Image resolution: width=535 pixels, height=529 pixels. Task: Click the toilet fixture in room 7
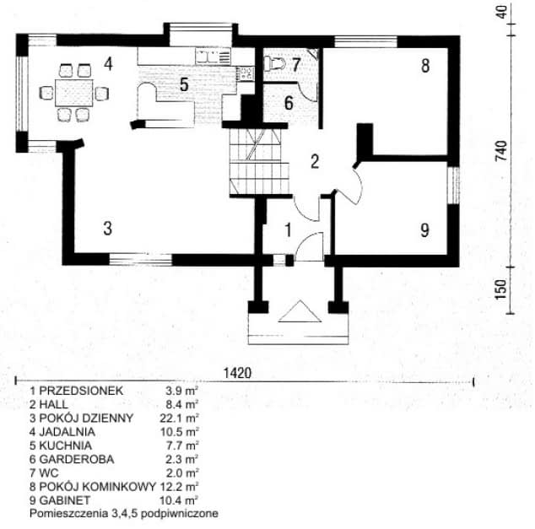pyautogui.click(x=274, y=63)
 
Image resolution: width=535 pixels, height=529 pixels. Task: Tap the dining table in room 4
pyautogui.click(x=74, y=93)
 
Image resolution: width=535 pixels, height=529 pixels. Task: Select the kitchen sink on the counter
pyautogui.click(x=207, y=57)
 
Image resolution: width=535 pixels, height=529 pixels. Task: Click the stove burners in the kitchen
pyautogui.click(x=246, y=73)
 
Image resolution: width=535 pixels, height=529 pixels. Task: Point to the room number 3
pyautogui.click(x=108, y=228)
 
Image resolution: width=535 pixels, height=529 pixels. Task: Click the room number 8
pyautogui.click(x=425, y=66)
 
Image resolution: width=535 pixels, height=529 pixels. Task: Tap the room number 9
pyautogui.click(x=424, y=230)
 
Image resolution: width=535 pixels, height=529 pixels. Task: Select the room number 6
pyautogui.click(x=289, y=103)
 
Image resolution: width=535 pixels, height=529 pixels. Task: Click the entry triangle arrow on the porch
pyautogui.click(x=300, y=311)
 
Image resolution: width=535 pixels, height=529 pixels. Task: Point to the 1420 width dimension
pyautogui.click(x=237, y=373)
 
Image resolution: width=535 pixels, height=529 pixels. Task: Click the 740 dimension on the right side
pyautogui.click(x=501, y=151)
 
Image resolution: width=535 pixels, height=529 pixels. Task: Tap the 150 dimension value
pyautogui.click(x=501, y=289)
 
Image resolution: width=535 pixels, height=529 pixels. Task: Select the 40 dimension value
pyautogui.click(x=501, y=13)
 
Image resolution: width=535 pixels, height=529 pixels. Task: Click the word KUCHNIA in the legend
pyautogui.click(x=66, y=445)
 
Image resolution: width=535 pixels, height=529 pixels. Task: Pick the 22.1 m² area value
pyautogui.click(x=179, y=418)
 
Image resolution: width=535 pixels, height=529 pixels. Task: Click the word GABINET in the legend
pyautogui.click(x=65, y=500)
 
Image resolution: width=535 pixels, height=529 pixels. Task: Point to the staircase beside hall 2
pyautogui.click(x=259, y=162)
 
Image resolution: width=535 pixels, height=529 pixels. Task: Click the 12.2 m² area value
pyautogui.click(x=180, y=487)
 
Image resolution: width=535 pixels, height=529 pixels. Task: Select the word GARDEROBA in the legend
pyautogui.click(x=77, y=459)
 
